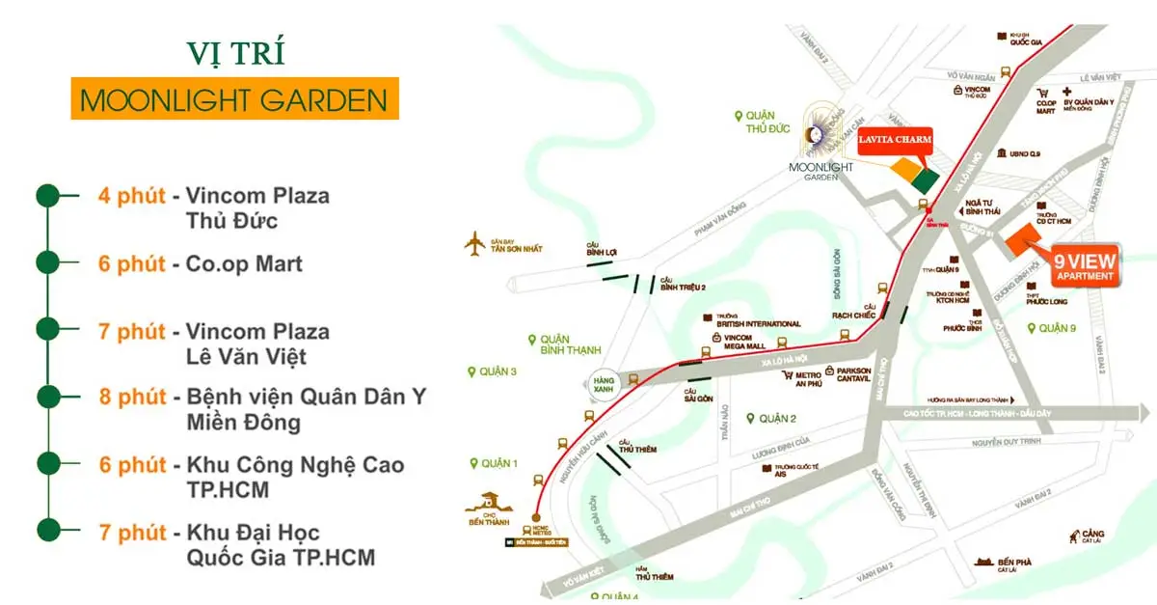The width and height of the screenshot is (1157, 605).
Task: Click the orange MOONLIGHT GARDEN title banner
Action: (x=234, y=98)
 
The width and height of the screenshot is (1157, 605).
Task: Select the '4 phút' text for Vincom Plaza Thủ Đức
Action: (x=132, y=196)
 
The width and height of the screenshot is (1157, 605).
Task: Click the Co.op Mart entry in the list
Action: (x=237, y=263)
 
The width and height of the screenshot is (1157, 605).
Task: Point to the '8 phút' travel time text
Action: (x=132, y=397)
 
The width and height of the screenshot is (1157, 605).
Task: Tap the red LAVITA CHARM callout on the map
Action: (x=895, y=141)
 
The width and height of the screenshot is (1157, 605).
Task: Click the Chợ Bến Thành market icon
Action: (x=486, y=503)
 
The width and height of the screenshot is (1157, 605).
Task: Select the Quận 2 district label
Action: (x=777, y=419)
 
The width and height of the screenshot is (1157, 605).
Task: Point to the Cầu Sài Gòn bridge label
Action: (x=698, y=398)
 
